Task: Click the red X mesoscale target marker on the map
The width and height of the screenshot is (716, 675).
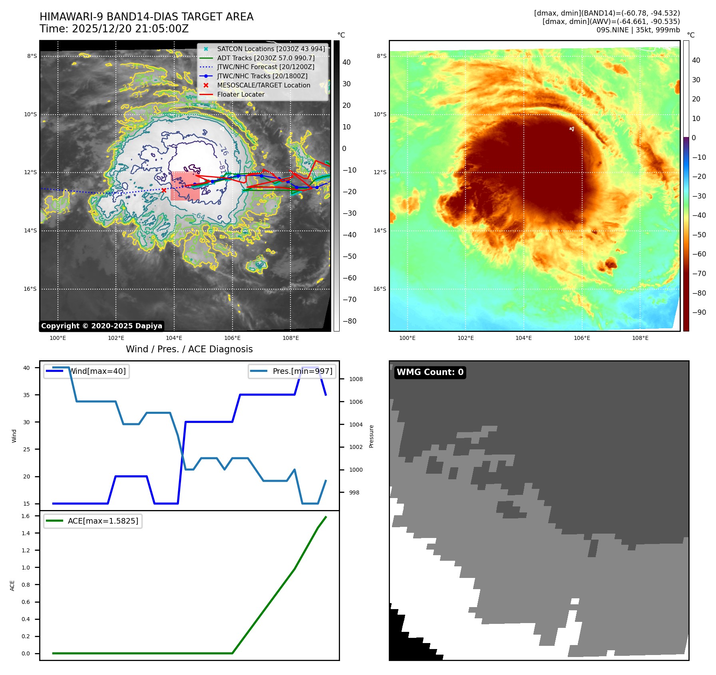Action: [164, 191]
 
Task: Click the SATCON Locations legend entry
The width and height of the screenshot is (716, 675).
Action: [271, 49]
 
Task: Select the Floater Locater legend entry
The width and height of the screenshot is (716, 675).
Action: [241, 94]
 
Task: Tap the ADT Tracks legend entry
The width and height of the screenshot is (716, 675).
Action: [266, 58]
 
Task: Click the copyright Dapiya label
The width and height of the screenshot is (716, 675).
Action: [101, 326]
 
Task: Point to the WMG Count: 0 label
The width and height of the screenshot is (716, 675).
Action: [430, 372]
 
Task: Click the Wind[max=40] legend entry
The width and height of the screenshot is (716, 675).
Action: [97, 371]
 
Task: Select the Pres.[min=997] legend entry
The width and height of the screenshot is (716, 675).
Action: [302, 371]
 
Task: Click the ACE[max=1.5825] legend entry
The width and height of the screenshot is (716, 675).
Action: [103, 521]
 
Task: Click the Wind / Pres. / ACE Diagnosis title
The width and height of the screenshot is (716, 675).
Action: [189, 349]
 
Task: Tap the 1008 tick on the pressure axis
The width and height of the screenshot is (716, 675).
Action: [356, 379]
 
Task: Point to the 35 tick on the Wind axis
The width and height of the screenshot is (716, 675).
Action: [26, 395]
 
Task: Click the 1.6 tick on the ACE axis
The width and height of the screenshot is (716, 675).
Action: [26, 516]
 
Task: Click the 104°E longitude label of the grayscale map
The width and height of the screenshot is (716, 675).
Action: [174, 338]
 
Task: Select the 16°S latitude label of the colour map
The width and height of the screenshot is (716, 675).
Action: [379, 289]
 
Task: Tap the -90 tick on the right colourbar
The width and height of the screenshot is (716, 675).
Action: [699, 312]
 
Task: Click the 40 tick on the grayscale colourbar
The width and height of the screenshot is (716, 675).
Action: [346, 62]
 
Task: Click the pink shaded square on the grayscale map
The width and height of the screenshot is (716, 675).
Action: [185, 186]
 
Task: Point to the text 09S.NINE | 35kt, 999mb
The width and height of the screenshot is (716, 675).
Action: [638, 30]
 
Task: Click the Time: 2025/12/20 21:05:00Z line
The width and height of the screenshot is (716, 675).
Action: [114, 29]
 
